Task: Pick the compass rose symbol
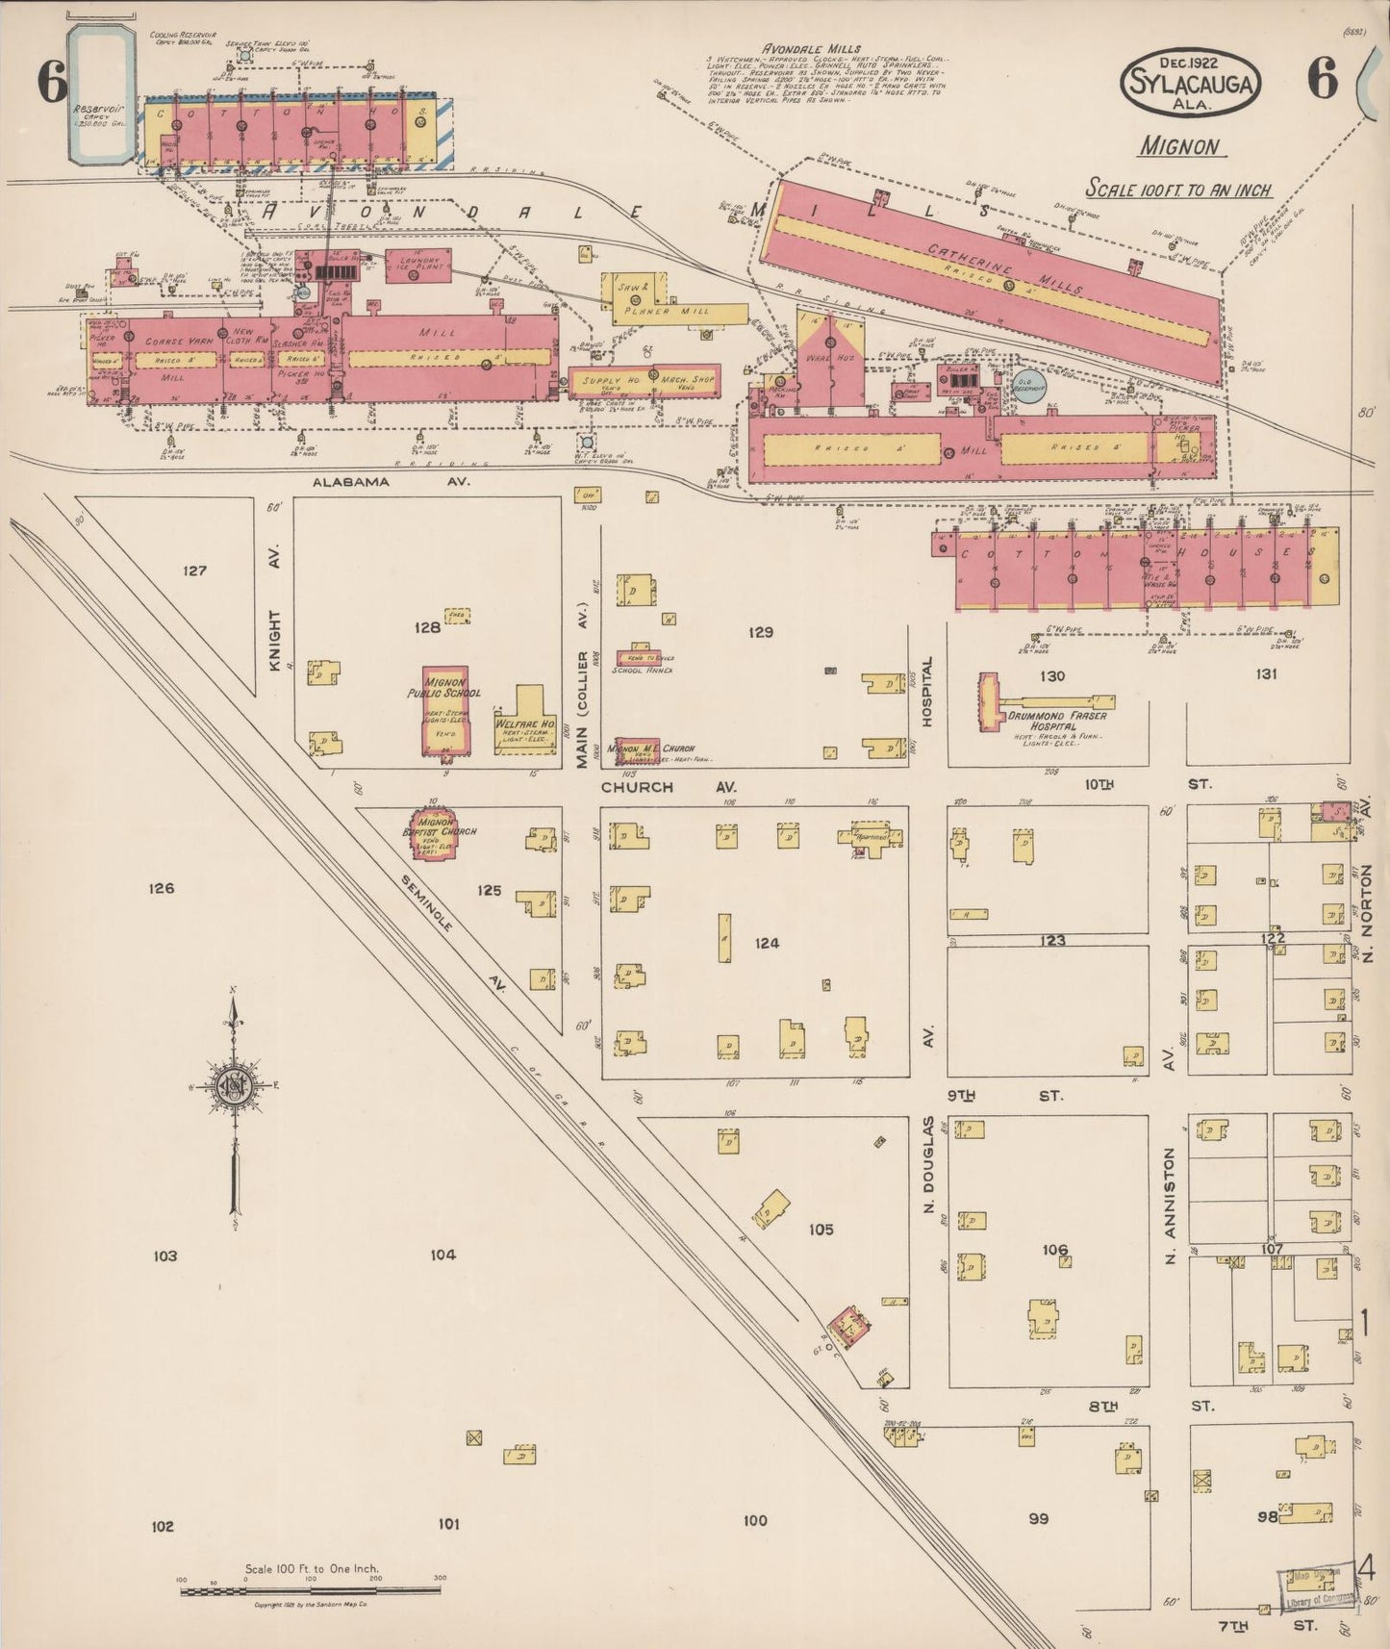[234, 1087]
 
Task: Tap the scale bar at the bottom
[310, 1590]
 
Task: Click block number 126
[162, 888]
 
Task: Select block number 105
[821, 1230]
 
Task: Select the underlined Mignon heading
[1179, 147]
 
